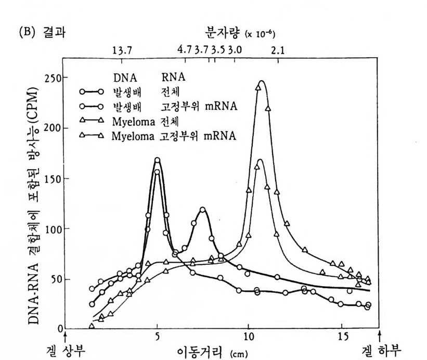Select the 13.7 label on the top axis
(x=123, y=50)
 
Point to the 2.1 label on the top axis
(x=278, y=50)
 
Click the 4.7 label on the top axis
(x=185, y=50)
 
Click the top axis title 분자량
(x=228, y=33)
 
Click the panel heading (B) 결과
(x=54, y=32)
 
